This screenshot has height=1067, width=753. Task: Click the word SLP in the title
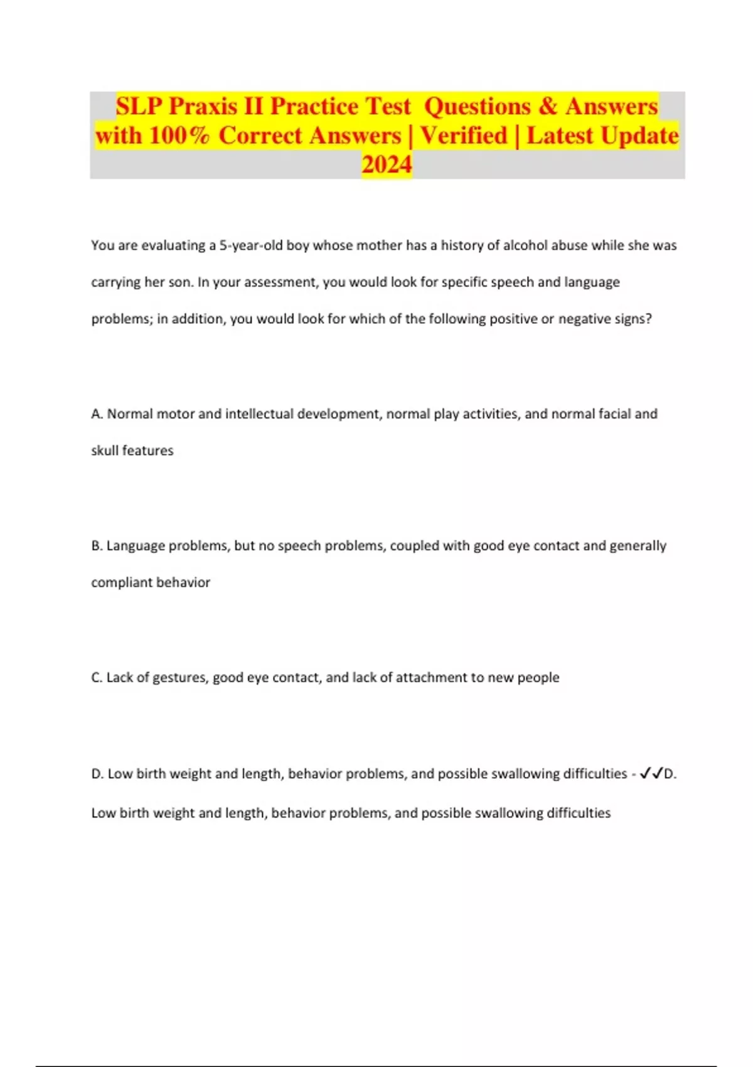point(139,107)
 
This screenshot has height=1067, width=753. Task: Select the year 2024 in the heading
point(387,164)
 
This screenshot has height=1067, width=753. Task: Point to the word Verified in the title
point(463,136)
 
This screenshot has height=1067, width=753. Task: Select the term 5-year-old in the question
point(250,245)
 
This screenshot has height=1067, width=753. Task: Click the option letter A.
point(96,414)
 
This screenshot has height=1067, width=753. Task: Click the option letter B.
point(96,546)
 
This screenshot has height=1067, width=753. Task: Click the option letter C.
point(96,678)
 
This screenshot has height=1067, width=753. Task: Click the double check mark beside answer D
point(651,774)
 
